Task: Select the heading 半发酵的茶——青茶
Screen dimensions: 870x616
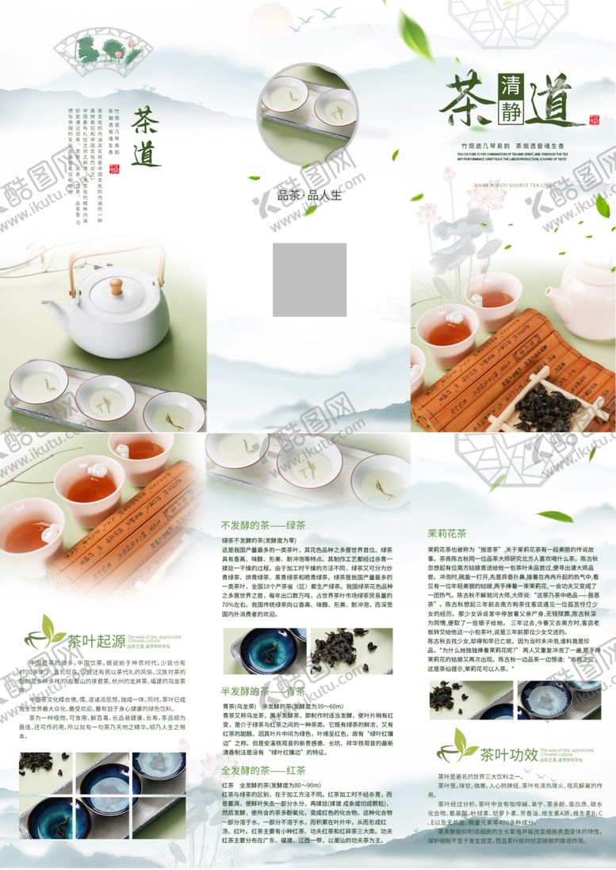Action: click(x=263, y=691)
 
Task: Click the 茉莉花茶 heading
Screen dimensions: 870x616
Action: click(x=447, y=532)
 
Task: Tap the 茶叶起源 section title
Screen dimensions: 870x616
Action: click(x=96, y=641)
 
